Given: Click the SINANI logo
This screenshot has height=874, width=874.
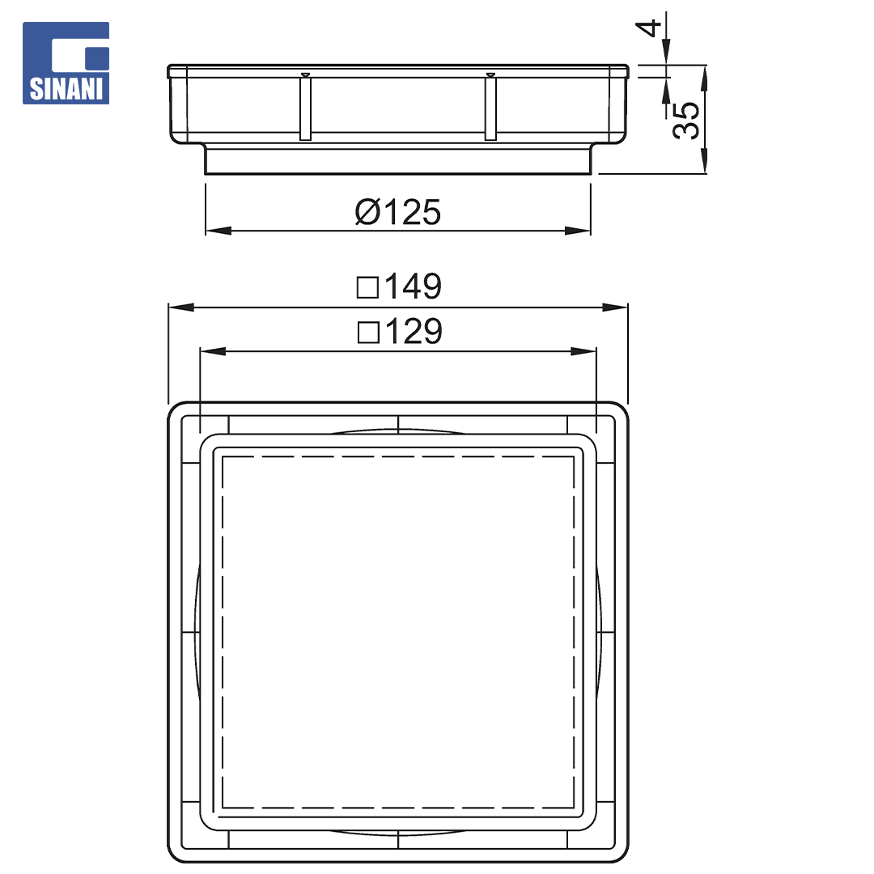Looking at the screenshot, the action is pos(66,63).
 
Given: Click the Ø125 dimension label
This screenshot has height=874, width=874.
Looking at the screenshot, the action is pos(398,212).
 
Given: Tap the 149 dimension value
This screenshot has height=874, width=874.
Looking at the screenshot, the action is pos(413,286).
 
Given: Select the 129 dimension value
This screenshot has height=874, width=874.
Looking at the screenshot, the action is pos(414,331).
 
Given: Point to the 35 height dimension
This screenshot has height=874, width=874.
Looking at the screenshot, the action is pos(685,120).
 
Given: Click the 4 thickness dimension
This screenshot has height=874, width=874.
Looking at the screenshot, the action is pos(648,28).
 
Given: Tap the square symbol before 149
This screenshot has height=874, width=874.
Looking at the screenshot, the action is pos(368,287).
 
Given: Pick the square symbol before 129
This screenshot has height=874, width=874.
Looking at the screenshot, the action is pos(368,333).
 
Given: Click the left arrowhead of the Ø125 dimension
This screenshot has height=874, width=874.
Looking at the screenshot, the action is pos(218,230).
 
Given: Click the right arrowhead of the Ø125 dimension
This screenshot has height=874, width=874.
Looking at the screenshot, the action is pos(578,230).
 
